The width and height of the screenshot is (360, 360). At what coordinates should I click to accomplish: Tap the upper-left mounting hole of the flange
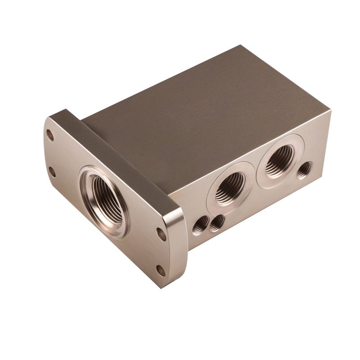point(50,135)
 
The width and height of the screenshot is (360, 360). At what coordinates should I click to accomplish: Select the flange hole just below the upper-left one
point(52,171)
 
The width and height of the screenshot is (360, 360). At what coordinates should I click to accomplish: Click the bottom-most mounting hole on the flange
point(160,270)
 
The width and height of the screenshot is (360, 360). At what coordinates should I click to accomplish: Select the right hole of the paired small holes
point(218,221)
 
